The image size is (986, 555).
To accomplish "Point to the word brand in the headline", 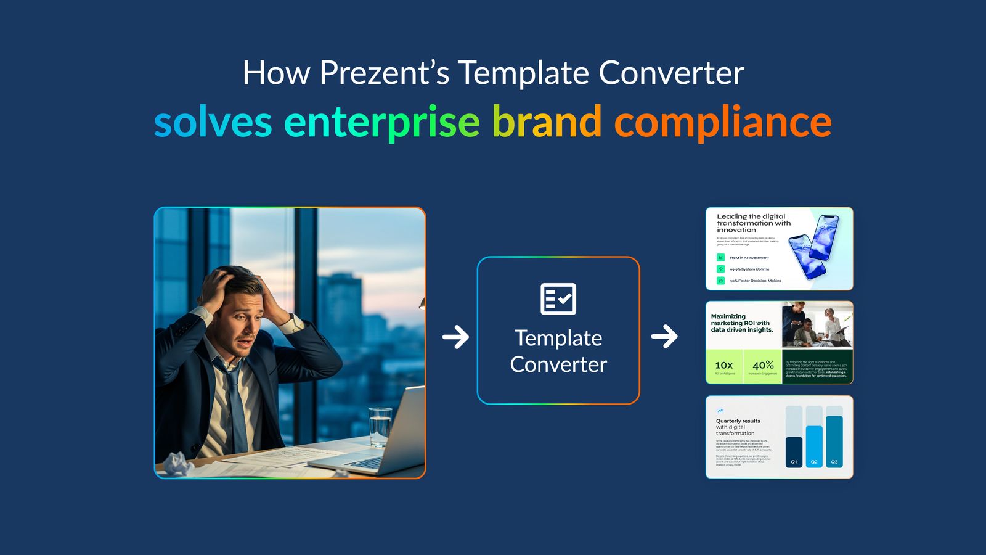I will [546, 121].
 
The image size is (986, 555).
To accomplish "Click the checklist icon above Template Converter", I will [558, 299].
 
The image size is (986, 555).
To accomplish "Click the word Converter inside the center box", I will [558, 364].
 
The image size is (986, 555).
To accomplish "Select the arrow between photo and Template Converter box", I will [456, 337].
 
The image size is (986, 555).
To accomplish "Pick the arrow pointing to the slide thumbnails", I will [664, 337].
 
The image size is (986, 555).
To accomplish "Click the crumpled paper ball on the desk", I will [178, 463].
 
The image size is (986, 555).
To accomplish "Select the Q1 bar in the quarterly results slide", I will [794, 451].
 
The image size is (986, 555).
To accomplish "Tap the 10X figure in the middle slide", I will [724, 365].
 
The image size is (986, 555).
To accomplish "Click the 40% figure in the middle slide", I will [763, 365].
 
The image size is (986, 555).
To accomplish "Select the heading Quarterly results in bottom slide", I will [738, 421].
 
